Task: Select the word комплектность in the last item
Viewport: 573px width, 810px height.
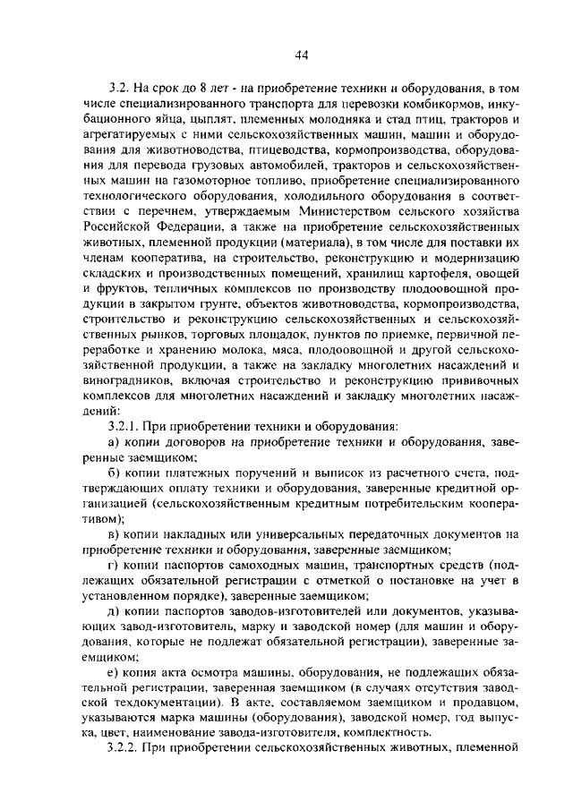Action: point(369,732)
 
